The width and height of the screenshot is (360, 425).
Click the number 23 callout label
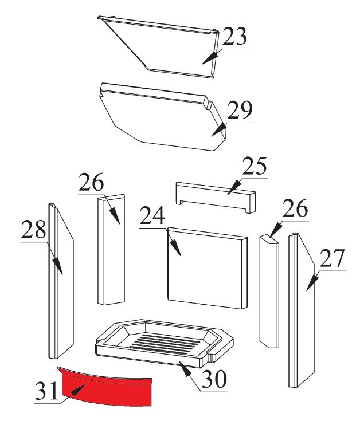(234, 36)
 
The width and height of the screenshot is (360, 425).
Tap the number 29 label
(240, 110)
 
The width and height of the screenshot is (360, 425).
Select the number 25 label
(255, 166)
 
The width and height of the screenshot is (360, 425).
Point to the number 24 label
(152, 215)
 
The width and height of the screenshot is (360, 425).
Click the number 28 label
(34, 229)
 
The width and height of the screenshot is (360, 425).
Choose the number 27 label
(332, 258)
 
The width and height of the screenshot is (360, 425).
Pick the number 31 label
(46, 391)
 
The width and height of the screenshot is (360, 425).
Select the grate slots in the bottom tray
(166, 344)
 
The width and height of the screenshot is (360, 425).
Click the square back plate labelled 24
(208, 268)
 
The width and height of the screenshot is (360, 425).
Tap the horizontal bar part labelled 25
(216, 197)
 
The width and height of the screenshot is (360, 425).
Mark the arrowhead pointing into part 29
(218, 129)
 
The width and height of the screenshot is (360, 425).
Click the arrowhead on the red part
(78, 390)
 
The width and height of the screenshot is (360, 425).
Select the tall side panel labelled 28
(61, 281)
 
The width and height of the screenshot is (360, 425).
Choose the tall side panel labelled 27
(301, 310)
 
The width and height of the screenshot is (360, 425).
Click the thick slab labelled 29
(163, 117)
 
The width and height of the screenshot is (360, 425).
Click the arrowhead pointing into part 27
(312, 283)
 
